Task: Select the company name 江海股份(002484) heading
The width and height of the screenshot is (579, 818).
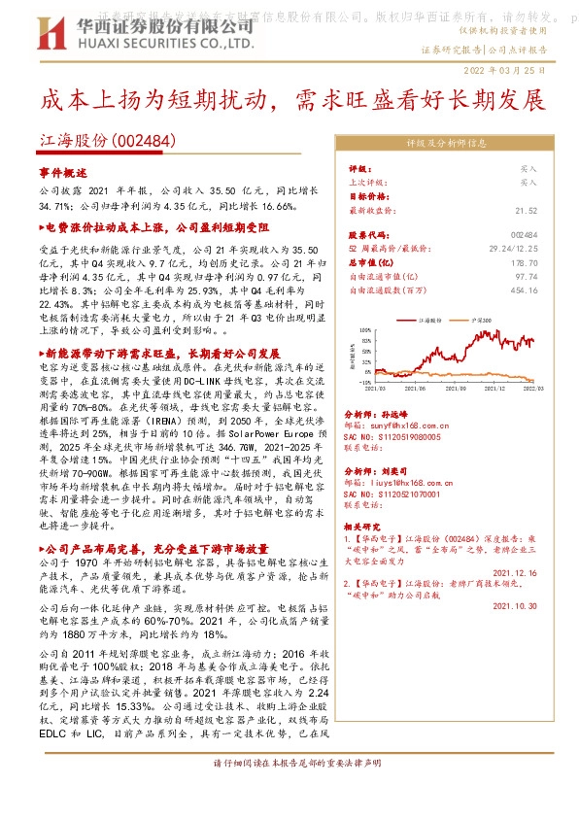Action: [x=107, y=141]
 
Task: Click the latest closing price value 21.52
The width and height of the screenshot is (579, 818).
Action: [x=526, y=210]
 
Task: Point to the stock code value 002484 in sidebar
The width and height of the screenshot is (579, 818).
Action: [x=523, y=235]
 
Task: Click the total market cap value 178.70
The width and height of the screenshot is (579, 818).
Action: [x=524, y=262]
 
